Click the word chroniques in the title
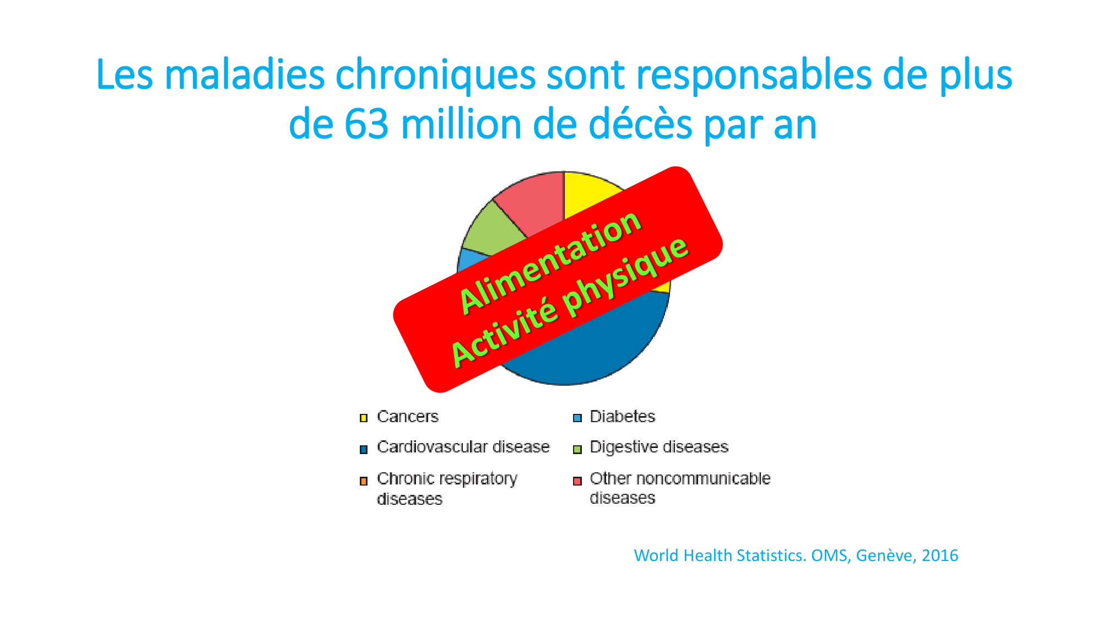(x=435, y=76)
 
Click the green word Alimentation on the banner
(x=549, y=261)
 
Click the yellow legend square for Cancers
(x=364, y=418)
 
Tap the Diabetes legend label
(x=622, y=416)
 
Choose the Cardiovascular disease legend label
(x=463, y=446)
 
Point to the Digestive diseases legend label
(x=659, y=446)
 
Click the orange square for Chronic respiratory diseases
(x=364, y=481)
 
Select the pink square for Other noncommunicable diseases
(x=577, y=481)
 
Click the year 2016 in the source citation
(x=940, y=555)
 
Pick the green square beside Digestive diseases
(x=577, y=450)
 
